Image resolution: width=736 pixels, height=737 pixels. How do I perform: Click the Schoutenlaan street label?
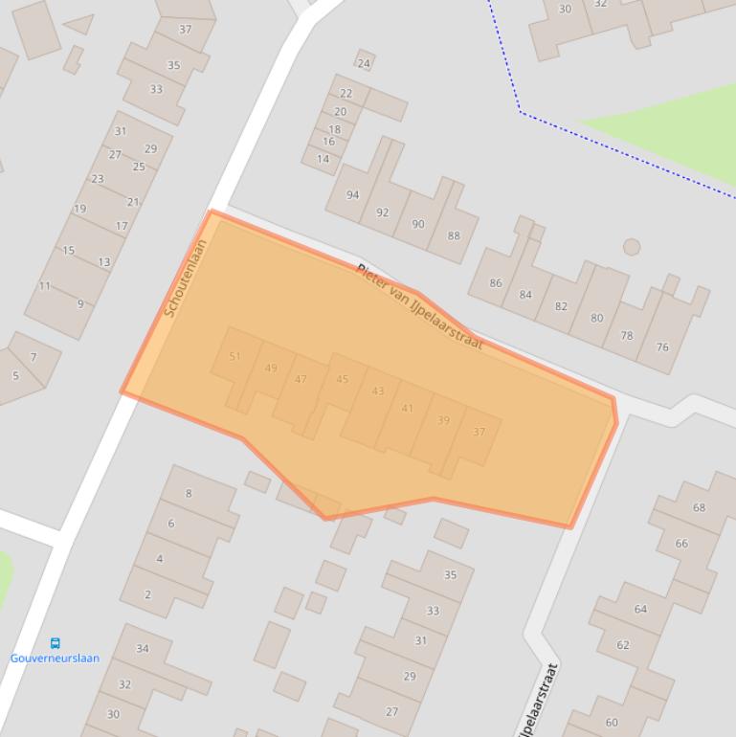coord(186,279)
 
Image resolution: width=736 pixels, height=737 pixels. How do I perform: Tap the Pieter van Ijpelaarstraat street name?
coord(419,305)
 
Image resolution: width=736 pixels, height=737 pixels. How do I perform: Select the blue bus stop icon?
coord(55,643)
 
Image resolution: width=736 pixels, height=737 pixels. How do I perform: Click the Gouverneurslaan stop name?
coord(55,659)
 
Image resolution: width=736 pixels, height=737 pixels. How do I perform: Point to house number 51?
coord(235,356)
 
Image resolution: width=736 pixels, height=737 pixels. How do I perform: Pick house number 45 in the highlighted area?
coord(343,379)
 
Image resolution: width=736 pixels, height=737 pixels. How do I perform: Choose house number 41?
coord(408,409)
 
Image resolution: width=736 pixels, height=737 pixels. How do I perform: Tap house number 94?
coord(352,195)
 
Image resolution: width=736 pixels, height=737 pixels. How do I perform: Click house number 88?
coord(454,235)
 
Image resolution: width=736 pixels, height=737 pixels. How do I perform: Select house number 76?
coord(662,347)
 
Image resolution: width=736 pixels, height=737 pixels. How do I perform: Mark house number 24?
coord(364,64)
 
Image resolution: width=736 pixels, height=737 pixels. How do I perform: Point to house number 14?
coord(323,159)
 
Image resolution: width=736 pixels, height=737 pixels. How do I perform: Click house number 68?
coord(699,507)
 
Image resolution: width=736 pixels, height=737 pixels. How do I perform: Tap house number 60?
coord(612,722)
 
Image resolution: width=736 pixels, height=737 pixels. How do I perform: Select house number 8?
coord(189,494)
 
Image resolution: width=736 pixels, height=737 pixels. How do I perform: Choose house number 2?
coord(147,594)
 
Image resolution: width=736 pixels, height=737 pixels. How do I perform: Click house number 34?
coord(142,648)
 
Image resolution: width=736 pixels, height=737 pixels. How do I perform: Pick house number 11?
coord(45,286)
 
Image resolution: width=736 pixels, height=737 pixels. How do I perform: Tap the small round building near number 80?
coord(631,247)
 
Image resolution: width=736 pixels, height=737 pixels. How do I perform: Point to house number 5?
coord(15,376)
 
